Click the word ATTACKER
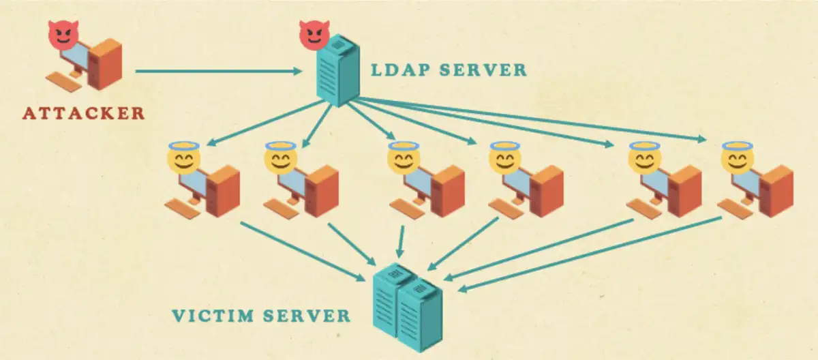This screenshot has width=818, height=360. [x=84, y=112]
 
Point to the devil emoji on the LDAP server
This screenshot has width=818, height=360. [x=313, y=33]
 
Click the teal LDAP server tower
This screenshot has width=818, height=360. [x=335, y=72]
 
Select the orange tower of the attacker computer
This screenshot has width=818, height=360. [x=106, y=63]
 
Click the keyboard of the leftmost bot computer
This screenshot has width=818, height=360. [x=182, y=208]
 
